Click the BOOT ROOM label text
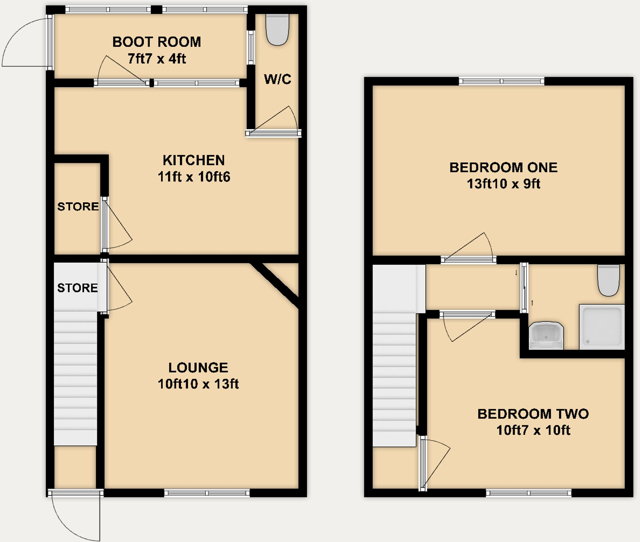[x=157, y=42]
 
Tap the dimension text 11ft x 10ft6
[x=194, y=177]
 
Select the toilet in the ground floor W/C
[x=277, y=29]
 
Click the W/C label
[x=277, y=79]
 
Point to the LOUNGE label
[x=198, y=368]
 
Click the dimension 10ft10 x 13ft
[x=198, y=384]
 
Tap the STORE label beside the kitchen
[x=78, y=207]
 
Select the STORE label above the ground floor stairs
[x=77, y=288]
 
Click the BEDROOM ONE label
[x=503, y=168]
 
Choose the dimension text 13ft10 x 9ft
[x=503, y=184]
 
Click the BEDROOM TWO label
[x=533, y=414]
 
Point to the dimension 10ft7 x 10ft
[x=533, y=430]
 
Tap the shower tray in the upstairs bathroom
[x=602, y=327]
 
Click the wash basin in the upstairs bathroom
[x=546, y=336]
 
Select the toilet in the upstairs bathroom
[x=609, y=280]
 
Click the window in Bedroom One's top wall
[x=502, y=81]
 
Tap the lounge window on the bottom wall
[x=207, y=493]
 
